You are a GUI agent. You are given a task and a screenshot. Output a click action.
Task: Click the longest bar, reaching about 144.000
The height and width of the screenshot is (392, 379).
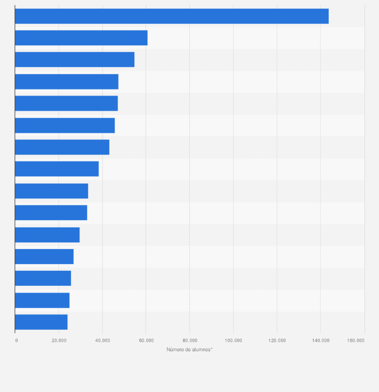click(x=171, y=16)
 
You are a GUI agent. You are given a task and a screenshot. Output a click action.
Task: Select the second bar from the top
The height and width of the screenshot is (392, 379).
click(x=81, y=38)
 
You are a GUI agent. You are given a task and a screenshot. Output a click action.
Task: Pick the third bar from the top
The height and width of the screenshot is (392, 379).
click(x=74, y=59)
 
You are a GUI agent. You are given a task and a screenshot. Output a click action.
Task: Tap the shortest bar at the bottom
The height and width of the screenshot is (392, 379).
click(x=41, y=322)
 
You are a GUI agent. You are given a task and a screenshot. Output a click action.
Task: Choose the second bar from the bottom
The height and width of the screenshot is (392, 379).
click(x=42, y=300)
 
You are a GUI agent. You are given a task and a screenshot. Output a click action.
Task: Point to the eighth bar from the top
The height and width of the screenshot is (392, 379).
click(x=57, y=169)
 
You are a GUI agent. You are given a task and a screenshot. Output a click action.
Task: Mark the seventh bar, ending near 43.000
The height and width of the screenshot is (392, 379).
click(x=62, y=147)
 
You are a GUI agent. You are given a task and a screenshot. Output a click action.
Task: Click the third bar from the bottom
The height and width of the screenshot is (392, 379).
click(x=43, y=278)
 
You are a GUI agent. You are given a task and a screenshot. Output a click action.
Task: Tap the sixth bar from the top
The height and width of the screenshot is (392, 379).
click(x=65, y=125)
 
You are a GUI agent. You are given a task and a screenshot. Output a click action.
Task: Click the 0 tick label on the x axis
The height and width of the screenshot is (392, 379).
click(x=16, y=341)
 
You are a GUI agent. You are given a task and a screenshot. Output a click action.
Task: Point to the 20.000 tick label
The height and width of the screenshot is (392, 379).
click(x=59, y=341)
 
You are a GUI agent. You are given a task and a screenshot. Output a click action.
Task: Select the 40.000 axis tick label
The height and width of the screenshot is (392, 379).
click(x=103, y=341)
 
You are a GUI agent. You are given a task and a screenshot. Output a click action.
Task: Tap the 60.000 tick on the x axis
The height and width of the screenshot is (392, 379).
click(x=146, y=341)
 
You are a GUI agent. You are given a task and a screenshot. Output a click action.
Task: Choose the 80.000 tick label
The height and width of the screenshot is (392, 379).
click(x=190, y=341)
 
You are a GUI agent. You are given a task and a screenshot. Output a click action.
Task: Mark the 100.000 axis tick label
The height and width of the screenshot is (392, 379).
click(x=233, y=341)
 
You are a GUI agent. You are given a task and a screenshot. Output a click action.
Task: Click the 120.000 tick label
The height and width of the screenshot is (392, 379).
click(x=277, y=341)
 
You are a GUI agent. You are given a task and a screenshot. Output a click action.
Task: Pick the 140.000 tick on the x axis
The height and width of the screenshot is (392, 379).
click(x=321, y=341)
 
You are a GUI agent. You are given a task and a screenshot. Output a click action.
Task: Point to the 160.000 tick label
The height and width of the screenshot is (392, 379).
click(x=356, y=341)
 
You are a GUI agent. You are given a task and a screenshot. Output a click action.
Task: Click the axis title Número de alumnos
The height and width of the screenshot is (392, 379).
click(x=190, y=349)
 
